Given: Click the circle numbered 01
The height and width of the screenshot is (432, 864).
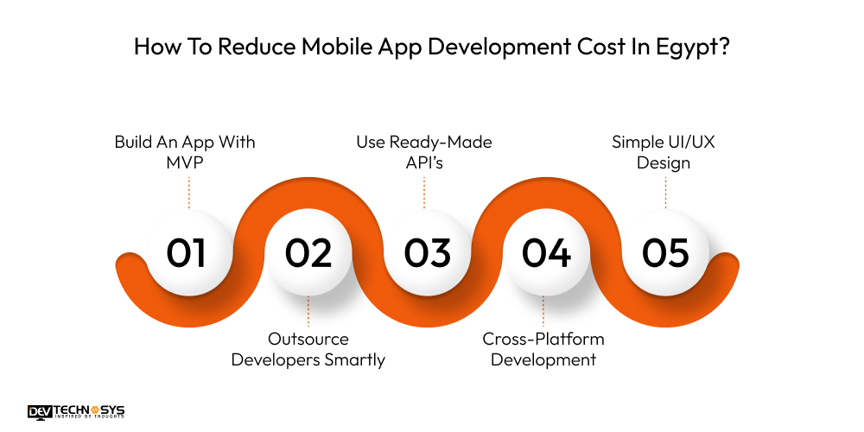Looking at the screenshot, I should [x=187, y=252].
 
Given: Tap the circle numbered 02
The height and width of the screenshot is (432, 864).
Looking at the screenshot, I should [x=308, y=252].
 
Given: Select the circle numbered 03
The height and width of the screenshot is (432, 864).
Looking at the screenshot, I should [x=427, y=252].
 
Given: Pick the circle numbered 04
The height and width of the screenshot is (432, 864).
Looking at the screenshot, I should [x=546, y=252].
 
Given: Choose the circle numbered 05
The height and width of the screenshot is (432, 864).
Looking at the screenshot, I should [x=664, y=252].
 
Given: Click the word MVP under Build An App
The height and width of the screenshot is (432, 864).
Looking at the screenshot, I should [x=185, y=163].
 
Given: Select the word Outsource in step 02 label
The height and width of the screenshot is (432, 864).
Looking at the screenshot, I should [x=308, y=339].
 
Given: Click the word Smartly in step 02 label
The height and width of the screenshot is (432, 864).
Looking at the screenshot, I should [x=353, y=359].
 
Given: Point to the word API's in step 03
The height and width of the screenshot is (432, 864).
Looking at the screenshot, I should [x=423, y=163].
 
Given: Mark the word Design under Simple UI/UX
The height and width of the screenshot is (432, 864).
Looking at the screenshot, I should [x=664, y=163].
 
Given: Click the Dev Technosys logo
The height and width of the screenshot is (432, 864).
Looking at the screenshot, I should [x=77, y=413].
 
